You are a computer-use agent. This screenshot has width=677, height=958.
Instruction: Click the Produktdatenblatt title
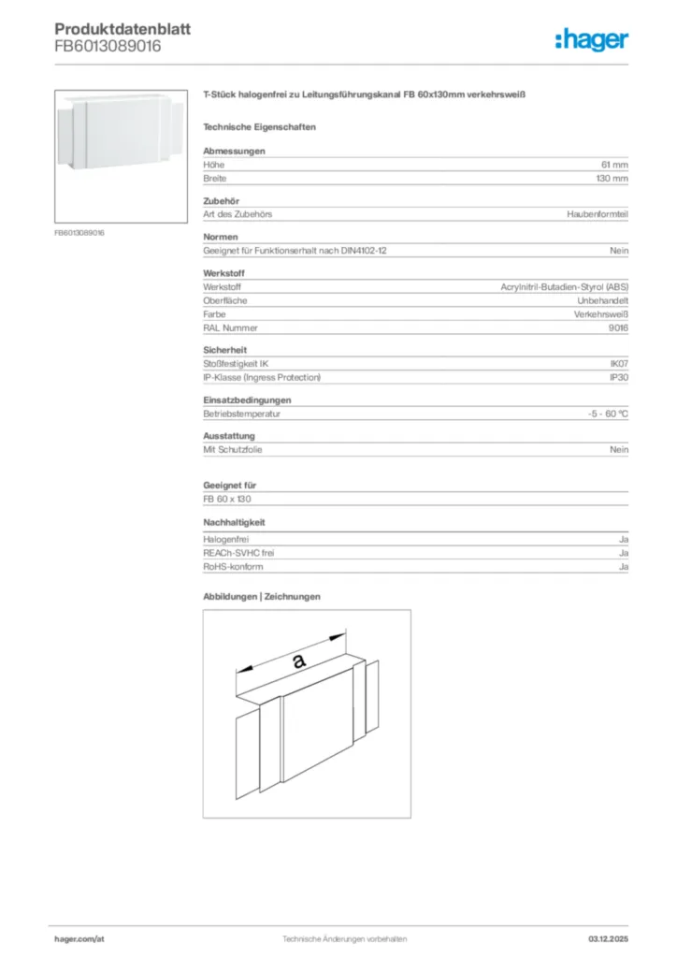[122, 29]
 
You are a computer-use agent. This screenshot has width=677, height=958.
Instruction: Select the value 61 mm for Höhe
[613, 165]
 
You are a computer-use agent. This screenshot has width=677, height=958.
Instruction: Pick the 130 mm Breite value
[612, 178]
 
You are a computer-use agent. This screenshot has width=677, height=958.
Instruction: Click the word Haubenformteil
[598, 214]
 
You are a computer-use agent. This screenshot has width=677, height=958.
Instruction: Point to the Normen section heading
[221, 237]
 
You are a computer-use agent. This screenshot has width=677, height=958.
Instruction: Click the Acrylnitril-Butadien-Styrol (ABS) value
[564, 287]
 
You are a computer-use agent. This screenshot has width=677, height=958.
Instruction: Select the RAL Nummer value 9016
[618, 328]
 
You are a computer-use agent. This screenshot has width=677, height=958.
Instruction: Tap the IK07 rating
[619, 364]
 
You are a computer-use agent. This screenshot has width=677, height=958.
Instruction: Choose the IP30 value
[619, 377]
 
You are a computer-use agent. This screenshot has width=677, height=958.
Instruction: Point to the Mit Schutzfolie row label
[233, 450]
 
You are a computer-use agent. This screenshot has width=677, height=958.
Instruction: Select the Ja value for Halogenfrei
[623, 541]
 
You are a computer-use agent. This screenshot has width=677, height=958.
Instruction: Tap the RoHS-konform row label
[233, 567]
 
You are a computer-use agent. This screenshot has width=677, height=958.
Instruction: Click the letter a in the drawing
[298, 661]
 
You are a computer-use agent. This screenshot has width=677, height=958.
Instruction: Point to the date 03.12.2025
[608, 937]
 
